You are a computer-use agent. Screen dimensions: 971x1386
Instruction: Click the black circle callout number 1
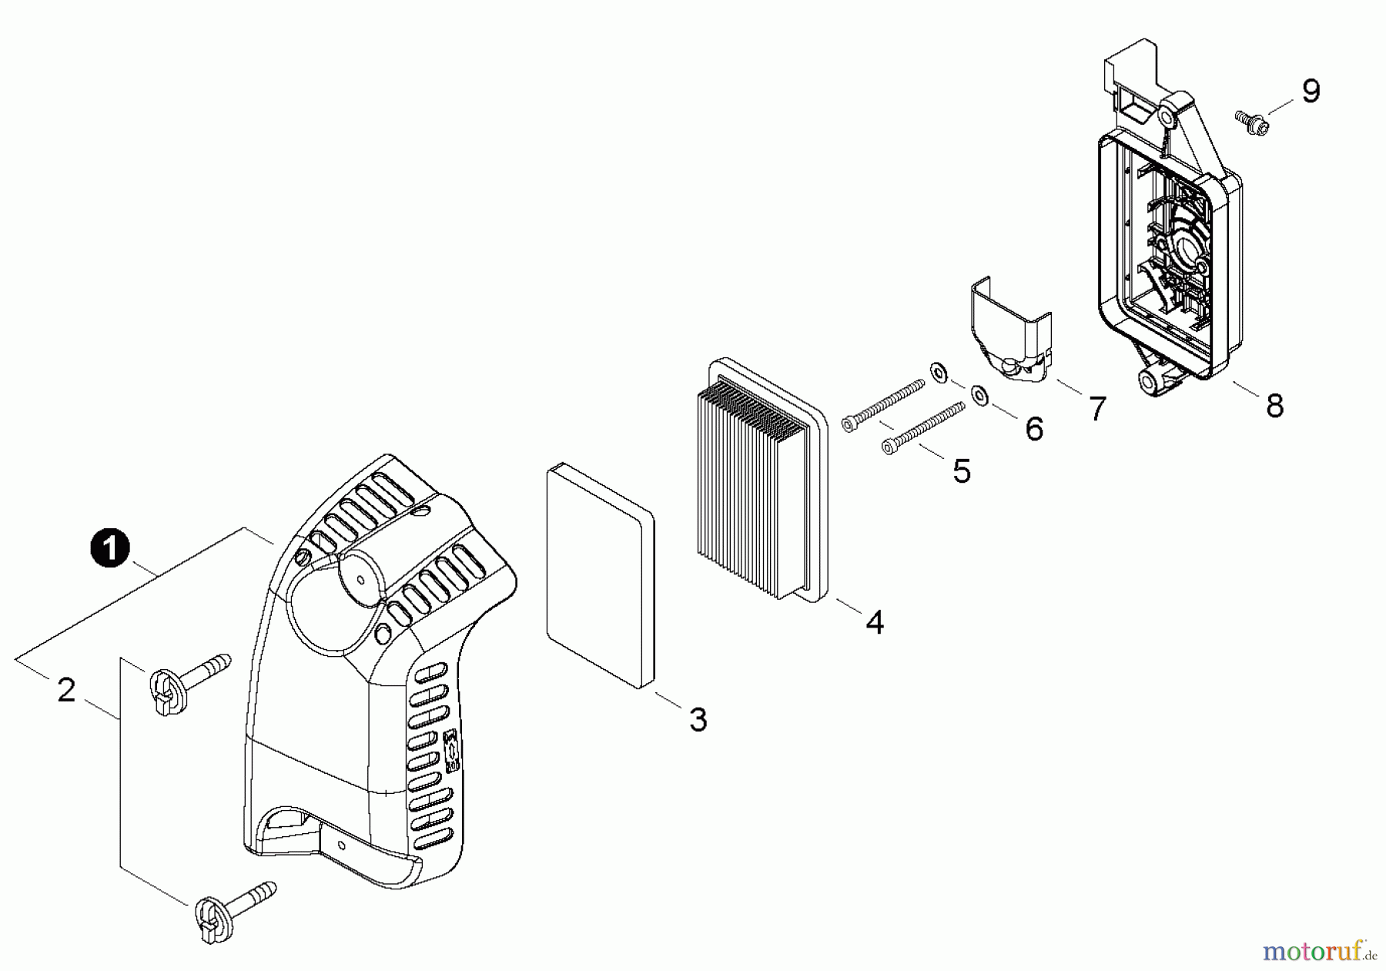click(110, 548)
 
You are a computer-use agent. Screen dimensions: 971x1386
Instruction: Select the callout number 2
click(67, 690)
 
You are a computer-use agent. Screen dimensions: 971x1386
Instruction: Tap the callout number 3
click(698, 720)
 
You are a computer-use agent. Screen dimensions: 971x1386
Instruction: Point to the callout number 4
click(875, 622)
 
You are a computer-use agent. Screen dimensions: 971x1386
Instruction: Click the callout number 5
click(962, 471)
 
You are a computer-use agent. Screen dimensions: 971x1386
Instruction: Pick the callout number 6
click(1034, 429)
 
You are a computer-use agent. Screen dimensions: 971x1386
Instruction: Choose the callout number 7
click(1096, 408)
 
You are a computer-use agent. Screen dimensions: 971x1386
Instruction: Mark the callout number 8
click(1275, 406)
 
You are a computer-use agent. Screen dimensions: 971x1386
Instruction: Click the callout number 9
click(1311, 91)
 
